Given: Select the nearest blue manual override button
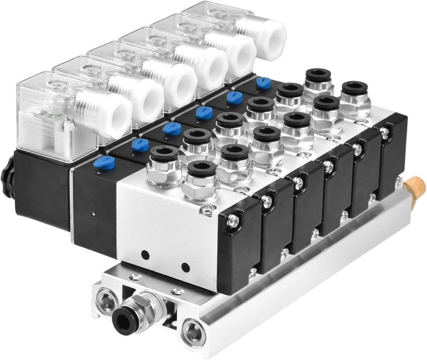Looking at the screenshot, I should point(104,162).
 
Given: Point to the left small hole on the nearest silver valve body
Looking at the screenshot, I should point(145,255).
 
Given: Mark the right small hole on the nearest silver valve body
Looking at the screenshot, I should point(185,267).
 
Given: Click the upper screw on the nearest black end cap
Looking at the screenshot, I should point(233,221).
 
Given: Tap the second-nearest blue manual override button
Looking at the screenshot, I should point(140,145).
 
